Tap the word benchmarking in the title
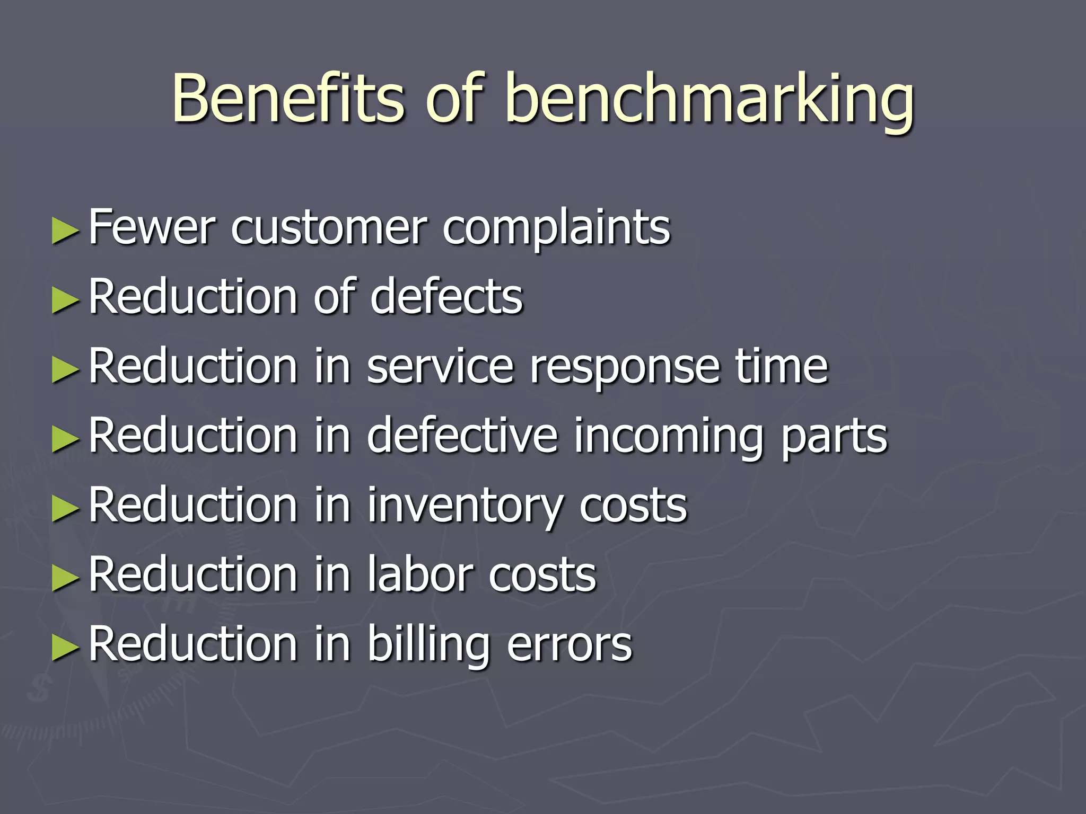point(710,101)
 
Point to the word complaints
point(556,229)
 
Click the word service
point(440,366)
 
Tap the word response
point(625,368)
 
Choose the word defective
point(462,435)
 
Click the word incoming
point(669,437)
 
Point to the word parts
point(834,437)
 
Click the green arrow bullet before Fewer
point(65,232)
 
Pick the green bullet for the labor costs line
point(65,578)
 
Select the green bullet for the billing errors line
point(65,648)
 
